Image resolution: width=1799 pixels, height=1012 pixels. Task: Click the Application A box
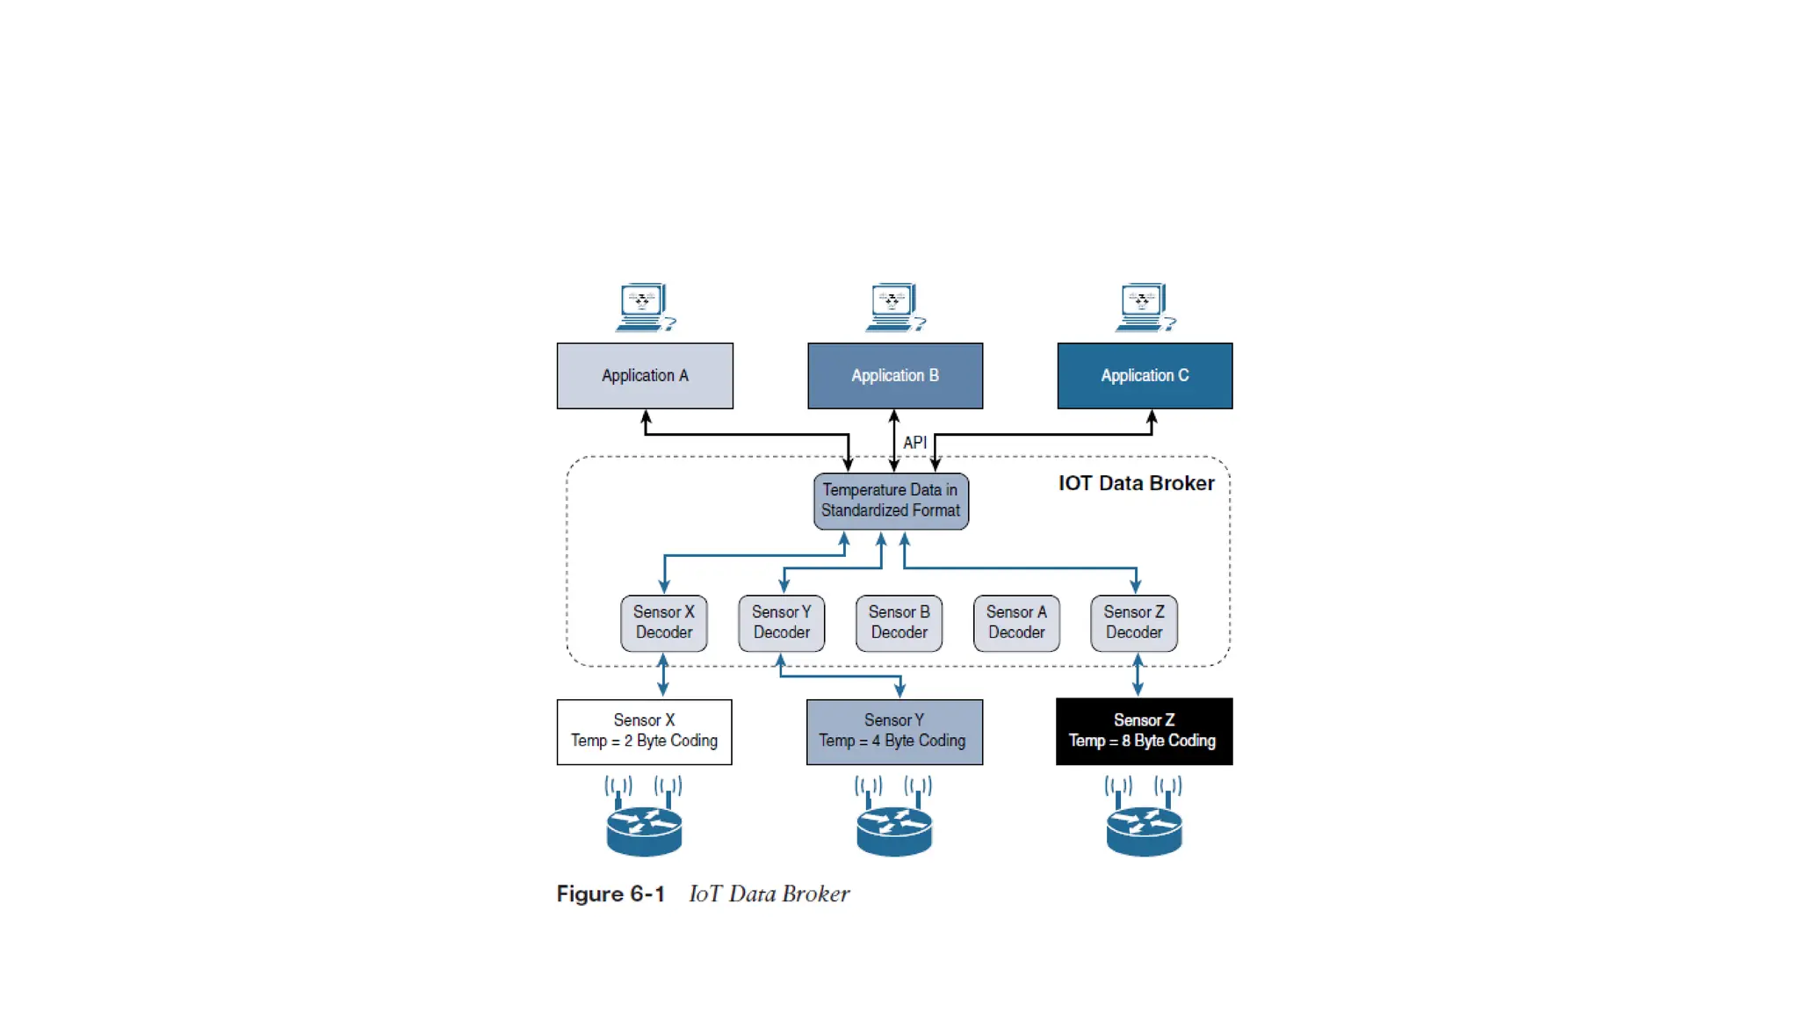tap(645, 376)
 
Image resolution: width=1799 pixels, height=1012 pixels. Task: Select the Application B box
tap(895, 376)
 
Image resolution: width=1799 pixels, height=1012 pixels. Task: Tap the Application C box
tap(1145, 376)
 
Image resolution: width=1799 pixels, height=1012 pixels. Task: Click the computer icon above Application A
tap(645, 307)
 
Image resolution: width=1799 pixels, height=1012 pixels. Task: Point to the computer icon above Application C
tap(1145, 307)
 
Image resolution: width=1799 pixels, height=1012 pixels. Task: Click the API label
tap(914, 443)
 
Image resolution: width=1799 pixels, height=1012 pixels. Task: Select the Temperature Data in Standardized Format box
tap(891, 501)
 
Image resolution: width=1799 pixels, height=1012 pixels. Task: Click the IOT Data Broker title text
tap(1136, 483)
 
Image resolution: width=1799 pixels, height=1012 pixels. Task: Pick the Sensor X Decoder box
tap(664, 623)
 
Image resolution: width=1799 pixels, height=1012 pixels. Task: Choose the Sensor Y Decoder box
tap(782, 623)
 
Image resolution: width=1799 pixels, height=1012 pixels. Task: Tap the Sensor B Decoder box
tap(899, 623)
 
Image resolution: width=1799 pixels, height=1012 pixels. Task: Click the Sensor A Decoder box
tap(1016, 623)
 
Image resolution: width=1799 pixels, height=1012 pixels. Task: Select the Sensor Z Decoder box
tap(1134, 623)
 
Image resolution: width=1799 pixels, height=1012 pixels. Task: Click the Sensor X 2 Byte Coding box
tap(645, 731)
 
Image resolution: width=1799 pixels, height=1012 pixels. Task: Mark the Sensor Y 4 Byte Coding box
tap(894, 731)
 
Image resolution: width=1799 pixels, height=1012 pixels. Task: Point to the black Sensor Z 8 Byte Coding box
tap(1144, 731)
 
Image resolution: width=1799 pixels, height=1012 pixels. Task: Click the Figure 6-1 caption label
tap(611, 894)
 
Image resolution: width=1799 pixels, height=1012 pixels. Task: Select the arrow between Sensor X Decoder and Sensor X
tap(663, 675)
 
